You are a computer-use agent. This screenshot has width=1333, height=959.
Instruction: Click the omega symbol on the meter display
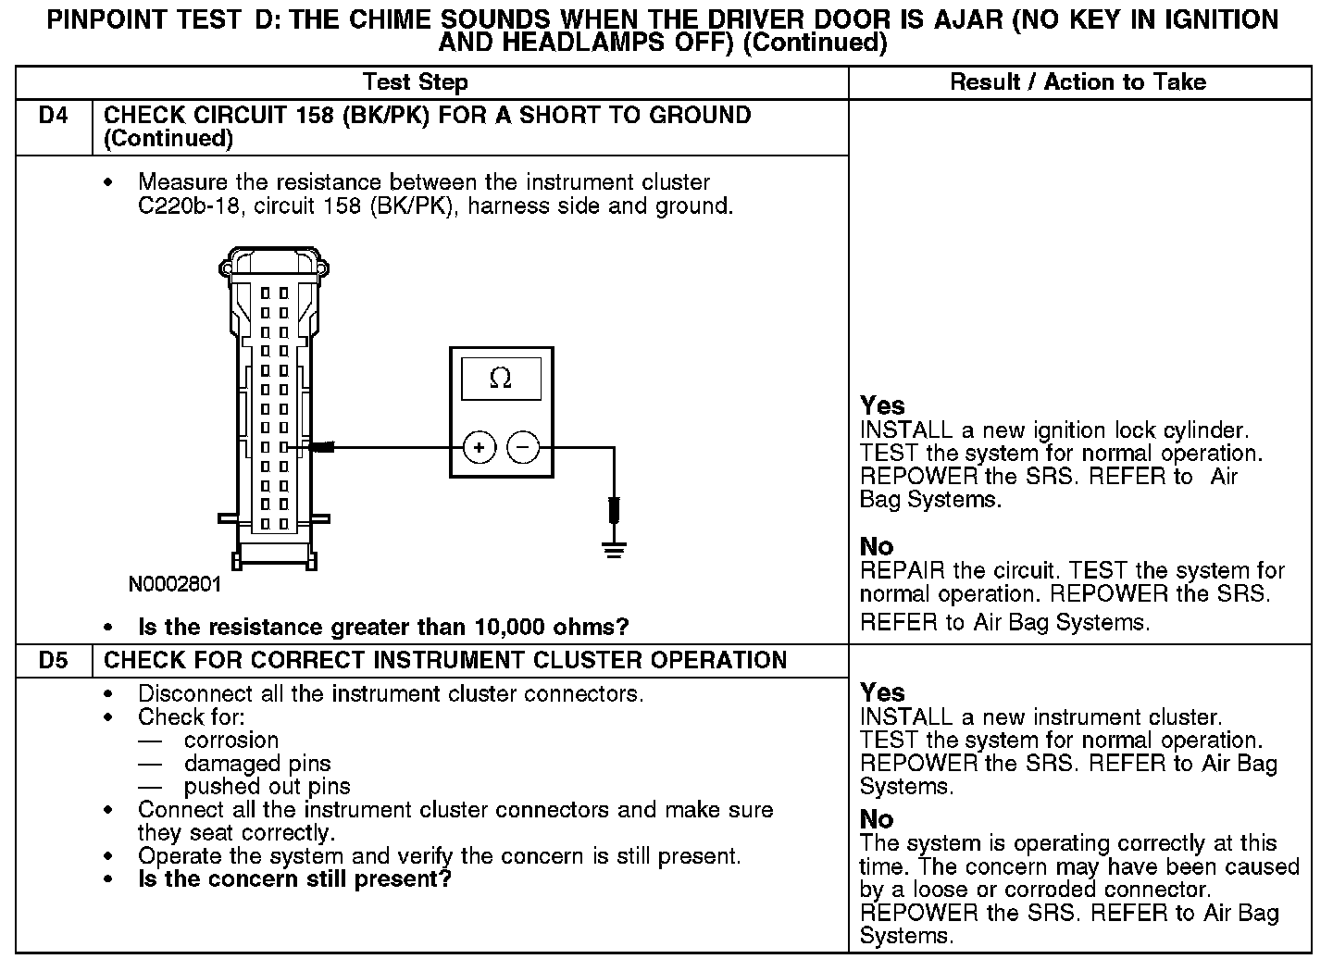click(501, 378)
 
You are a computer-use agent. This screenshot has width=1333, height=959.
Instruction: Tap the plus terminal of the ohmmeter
click(480, 448)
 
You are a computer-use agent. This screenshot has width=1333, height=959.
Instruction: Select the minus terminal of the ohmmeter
click(523, 448)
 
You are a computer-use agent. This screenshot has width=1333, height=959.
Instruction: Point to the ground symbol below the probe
click(613, 550)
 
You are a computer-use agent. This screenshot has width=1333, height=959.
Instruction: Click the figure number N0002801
click(175, 585)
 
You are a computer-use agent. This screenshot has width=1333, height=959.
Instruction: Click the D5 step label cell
click(54, 661)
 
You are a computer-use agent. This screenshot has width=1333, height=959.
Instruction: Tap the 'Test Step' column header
click(416, 82)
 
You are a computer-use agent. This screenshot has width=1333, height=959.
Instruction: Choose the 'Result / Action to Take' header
click(1078, 82)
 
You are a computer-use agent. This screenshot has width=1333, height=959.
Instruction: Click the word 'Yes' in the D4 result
click(882, 405)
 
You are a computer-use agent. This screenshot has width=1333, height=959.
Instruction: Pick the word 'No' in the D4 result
click(877, 546)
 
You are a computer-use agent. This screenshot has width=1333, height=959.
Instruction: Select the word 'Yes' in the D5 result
click(882, 692)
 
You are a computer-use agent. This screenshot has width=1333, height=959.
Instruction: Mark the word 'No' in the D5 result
click(877, 819)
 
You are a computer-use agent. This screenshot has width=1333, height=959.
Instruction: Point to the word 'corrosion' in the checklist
click(231, 741)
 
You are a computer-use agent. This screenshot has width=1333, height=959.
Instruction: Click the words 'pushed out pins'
click(267, 787)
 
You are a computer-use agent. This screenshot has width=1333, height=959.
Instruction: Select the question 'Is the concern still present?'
click(294, 878)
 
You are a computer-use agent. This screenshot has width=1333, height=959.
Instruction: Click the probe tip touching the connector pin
click(319, 448)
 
